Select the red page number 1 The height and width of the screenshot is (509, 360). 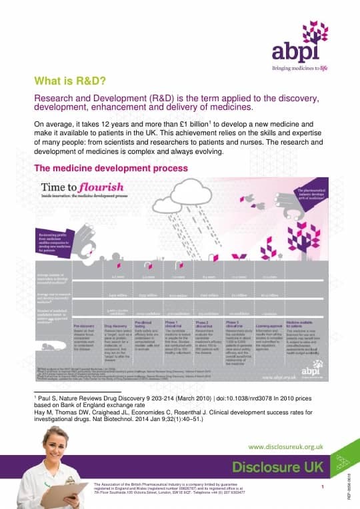322,488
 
